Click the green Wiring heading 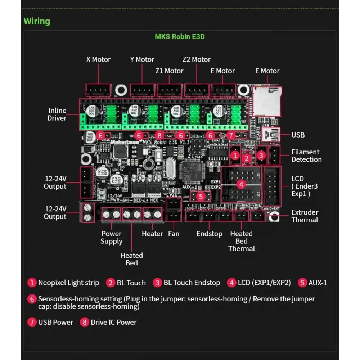37,21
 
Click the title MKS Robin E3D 180,36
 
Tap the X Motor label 98,59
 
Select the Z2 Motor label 196,59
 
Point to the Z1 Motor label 169,71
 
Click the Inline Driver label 57,114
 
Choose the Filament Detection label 306,156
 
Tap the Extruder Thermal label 305,216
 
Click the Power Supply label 111,238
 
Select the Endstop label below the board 209,234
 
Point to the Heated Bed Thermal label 241,241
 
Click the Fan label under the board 174,234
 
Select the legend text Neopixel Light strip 68,283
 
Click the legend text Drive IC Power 113,322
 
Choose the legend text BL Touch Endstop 192,283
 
